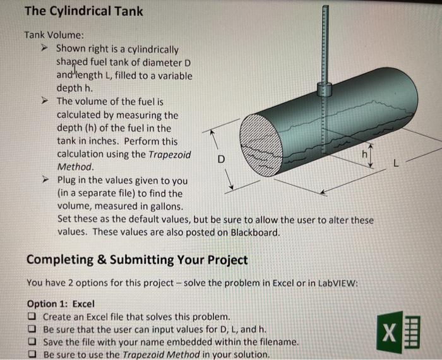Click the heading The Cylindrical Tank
[83, 11]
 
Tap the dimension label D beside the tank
[220, 159]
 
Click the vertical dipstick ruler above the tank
[325, 44]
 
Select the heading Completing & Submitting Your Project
[137, 260]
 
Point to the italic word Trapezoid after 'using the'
[169, 155]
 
